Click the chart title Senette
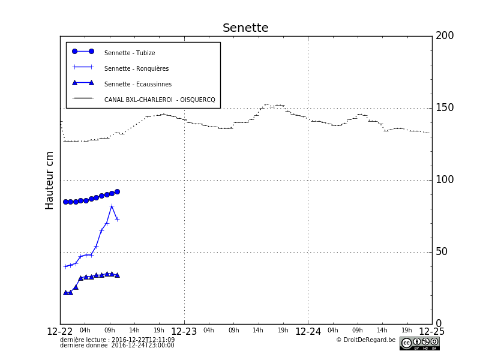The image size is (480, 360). pyautogui.click(x=245, y=28)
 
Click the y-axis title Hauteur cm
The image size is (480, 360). pyautogui.click(x=50, y=180)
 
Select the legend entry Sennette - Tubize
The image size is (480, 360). pyautogui.click(x=130, y=53)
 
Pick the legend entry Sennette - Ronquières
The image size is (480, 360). pyautogui.click(x=136, y=68)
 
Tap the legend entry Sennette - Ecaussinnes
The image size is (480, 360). pyautogui.click(x=137, y=84)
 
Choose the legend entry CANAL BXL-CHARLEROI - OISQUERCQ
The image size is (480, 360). pyautogui.click(x=159, y=100)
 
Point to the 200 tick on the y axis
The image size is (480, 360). pyautogui.click(x=445, y=36)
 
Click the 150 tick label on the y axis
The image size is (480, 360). pyautogui.click(x=445, y=108)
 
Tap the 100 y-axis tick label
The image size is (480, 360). pyautogui.click(x=445, y=180)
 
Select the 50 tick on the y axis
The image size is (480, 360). pyautogui.click(x=441, y=252)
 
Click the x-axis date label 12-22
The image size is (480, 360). pyautogui.click(x=60, y=332)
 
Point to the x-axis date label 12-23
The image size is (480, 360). pyautogui.click(x=184, y=332)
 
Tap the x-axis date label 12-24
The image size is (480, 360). pyautogui.click(x=308, y=332)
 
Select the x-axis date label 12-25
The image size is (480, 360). pyautogui.click(x=431, y=332)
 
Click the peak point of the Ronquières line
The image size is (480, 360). pyautogui.click(x=112, y=206)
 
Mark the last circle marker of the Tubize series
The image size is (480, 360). pyautogui.click(x=117, y=191)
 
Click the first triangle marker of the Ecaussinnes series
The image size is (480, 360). pyautogui.click(x=65, y=292)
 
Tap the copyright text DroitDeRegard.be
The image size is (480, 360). pyautogui.click(x=365, y=340)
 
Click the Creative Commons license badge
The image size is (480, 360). pyautogui.click(x=419, y=343)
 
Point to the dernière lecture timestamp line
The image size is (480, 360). pyautogui.click(x=118, y=340)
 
